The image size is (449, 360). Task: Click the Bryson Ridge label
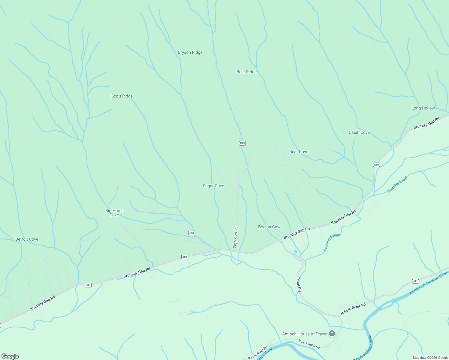pyautogui.click(x=190, y=52)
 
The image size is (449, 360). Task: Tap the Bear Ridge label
pyautogui.click(x=246, y=72)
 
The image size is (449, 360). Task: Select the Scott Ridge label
pyautogui.click(x=122, y=96)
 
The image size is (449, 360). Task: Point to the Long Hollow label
pyautogui.click(x=423, y=108)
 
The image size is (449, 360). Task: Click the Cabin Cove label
pyautogui.click(x=359, y=133)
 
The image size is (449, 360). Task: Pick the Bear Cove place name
pyautogui.click(x=299, y=152)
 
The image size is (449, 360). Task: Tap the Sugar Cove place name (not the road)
pyautogui.click(x=213, y=186)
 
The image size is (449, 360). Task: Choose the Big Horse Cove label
pyautogui.click(x=114, y=213)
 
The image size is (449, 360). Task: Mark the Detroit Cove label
pyautogui.click(x=27, y=239)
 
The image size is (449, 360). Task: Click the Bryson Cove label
pyautogui.click(x=270, y=227)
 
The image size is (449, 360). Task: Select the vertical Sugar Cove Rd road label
pyautogui.click(x=236, y=237)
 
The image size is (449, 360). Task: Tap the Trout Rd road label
pyautogui.click(x=299, y=284)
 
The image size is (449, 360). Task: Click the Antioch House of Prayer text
pyautogui.click(x=305, y=334)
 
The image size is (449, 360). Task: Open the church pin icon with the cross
pyautogui.click(x=332, y=334)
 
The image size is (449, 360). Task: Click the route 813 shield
pyautogui.click(x=242, y=143)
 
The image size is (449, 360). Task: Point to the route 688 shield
pyautogui.click(x=191, y=233)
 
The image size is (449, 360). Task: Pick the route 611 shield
pyautogui.click(x=415, y=281)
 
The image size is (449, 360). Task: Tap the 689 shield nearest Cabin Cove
pyautogui.click(x=376, y=165)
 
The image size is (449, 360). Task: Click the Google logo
pyautogui.click(x=10, y=356)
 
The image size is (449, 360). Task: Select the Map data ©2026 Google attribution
pyautogui.click(x=430, y=358)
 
